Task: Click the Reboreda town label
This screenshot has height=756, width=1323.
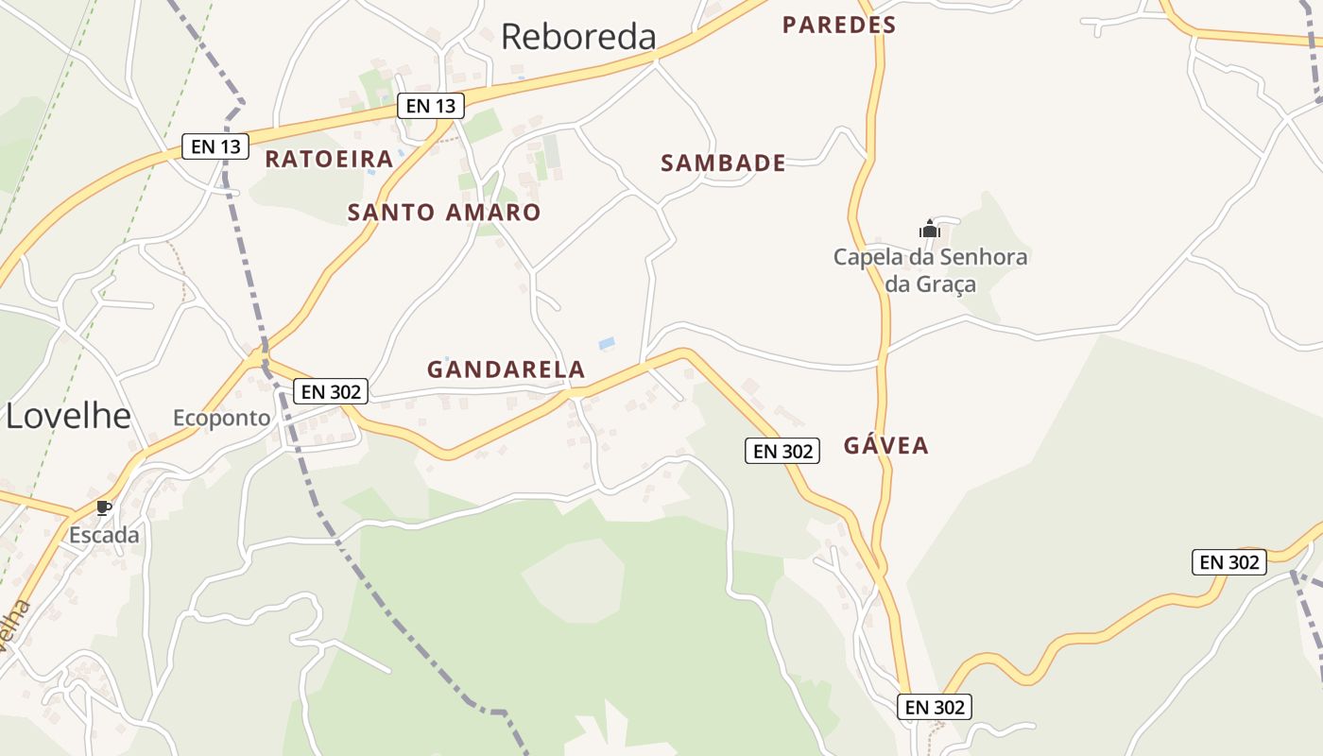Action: (x=578, y=37)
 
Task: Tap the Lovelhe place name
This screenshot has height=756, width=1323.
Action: (x=68, y=415)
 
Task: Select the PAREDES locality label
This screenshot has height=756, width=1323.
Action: (x=838, y=26)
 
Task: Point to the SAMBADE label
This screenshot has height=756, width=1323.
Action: (x=723, y=163)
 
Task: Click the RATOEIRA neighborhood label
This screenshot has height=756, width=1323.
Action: (x=328, y=159)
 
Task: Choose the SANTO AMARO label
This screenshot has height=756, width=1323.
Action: (x=444, y=213)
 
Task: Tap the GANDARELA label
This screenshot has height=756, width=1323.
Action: (x=506, y=369)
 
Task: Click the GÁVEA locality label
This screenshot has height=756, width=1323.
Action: (x=885, y=446)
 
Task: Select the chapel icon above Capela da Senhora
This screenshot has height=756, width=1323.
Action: (x=930, y=229)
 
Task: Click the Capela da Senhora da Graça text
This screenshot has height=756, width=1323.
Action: (x=930, y=270)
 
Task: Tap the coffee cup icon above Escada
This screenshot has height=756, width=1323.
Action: (x=104, y=508)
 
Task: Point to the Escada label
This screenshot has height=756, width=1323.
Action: (x=104, y=535)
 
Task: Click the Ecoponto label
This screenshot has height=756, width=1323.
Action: (x=221, y=418)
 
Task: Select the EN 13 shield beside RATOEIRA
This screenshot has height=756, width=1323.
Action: (x=215, y=146)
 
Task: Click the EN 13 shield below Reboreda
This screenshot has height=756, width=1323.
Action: (x=431, y=106)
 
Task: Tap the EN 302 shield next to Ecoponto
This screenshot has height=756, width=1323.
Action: (x=330, y=391)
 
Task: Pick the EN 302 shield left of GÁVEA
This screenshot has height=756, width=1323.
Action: (x=782, y=452)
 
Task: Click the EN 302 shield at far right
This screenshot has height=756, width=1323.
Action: (x=1228, y=562)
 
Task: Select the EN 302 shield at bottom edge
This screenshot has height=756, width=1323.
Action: (x=934, y=707)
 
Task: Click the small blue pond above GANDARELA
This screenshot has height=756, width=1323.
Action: (x=607, y=343)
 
